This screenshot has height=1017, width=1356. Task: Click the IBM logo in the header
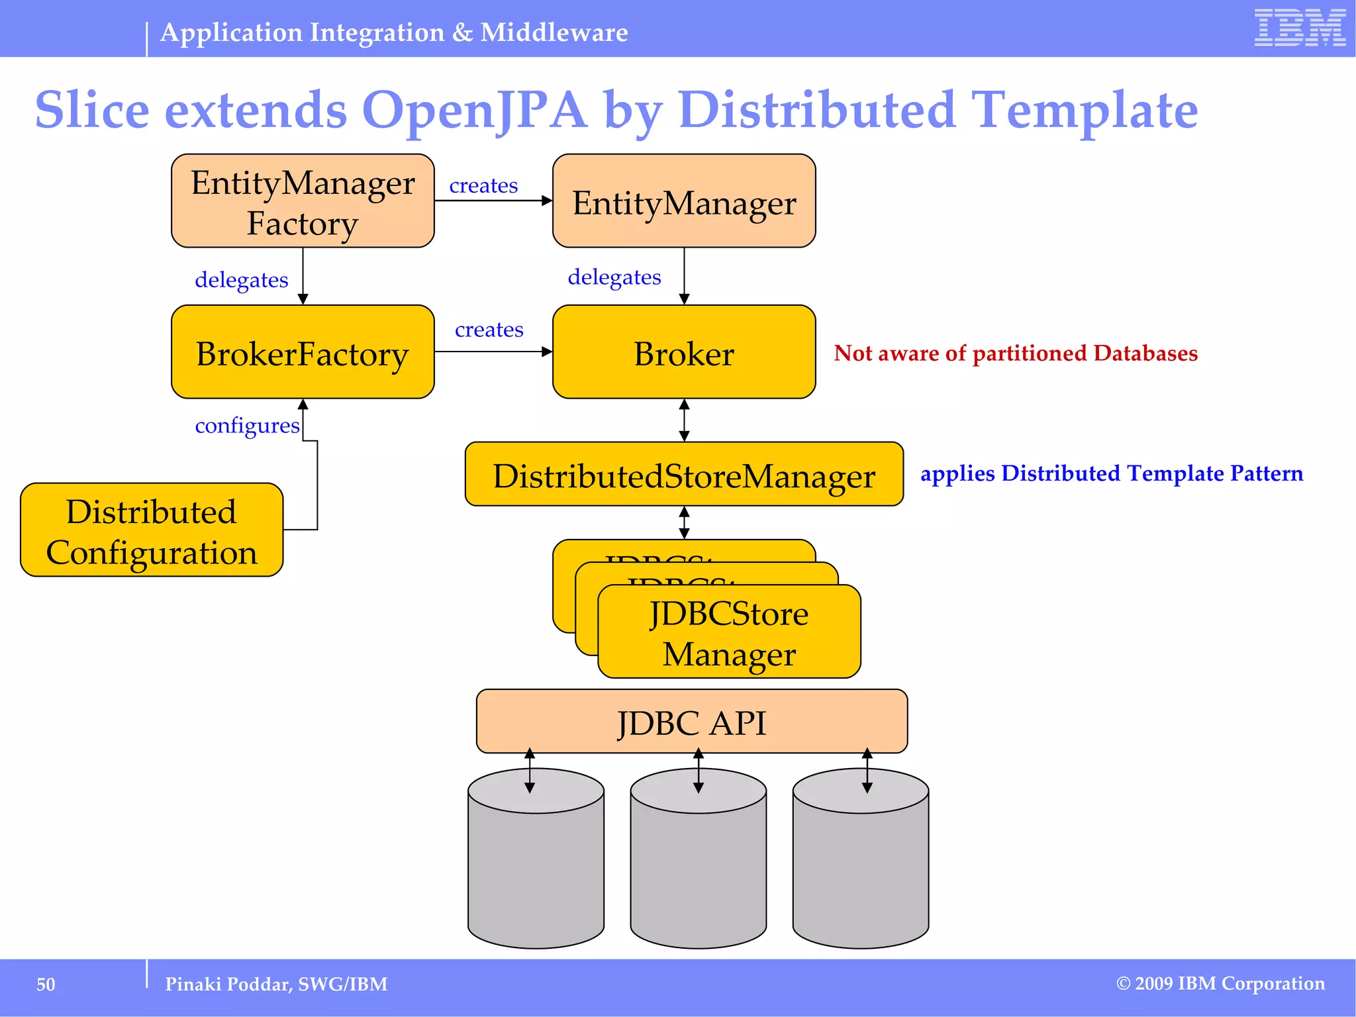(x=1299, y=28)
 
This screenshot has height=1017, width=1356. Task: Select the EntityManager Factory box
(x=303, y=201)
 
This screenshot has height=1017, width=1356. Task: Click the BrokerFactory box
(x=303, y=352)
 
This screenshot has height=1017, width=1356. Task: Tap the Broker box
(x=684, y=352)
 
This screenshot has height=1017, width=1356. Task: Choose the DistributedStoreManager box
(x=684, y=475)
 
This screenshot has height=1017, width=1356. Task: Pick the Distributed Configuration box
(x=152, y=530)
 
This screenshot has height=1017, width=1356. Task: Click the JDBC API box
(x=691, y=722)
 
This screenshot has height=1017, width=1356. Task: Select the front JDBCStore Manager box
(x=729, y=633)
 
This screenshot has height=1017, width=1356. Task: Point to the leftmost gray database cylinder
(x=536, y=867)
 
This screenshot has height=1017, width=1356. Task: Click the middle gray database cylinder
(x=698, y=867)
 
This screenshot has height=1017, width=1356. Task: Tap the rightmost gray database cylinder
(x=860, y=867)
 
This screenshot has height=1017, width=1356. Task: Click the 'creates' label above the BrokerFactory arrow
(x=489, y=330)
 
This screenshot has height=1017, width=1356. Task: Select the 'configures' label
(x=247, y=426)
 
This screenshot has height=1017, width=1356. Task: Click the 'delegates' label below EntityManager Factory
(x=241, y=280)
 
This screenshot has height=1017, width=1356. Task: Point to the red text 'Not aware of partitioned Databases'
(x=1015, y=354)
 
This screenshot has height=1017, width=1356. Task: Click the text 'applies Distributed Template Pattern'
(x=1111, y=474)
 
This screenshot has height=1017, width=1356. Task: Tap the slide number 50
(x=46, y=985)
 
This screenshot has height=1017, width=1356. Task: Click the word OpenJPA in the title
(x=474, y=110)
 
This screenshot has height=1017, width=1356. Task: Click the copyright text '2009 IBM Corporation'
(x=1229, y=984)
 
